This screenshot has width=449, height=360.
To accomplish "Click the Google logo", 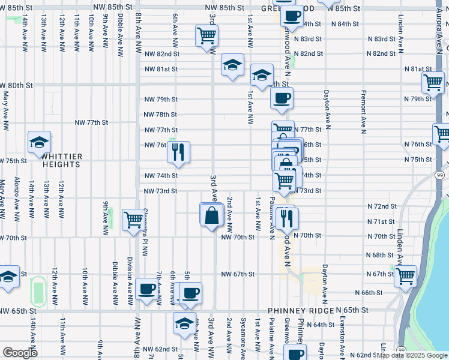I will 19,353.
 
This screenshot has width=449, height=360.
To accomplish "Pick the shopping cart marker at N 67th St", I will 406,275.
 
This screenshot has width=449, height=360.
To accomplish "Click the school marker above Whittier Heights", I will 39,142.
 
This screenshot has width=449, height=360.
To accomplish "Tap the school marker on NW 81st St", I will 232,65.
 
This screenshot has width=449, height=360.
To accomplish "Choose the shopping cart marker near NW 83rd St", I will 207,35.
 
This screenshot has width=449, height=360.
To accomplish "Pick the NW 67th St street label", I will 238,274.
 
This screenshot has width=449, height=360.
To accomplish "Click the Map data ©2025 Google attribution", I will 412,355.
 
